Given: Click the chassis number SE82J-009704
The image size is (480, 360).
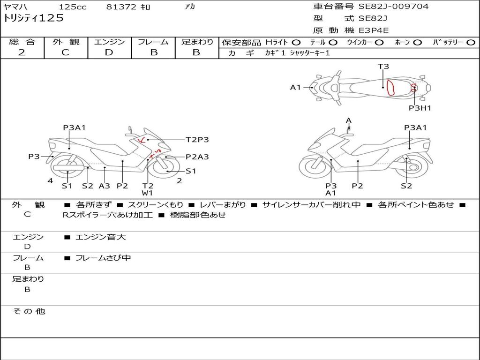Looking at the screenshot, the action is coord(393,6).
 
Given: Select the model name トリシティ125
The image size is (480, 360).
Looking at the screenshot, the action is coord(33,18).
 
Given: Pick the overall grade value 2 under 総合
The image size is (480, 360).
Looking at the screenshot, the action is coord(22,52).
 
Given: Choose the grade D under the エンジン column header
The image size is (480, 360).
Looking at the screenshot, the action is coord(109,52).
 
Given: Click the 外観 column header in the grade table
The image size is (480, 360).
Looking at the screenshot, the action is coord(66,42).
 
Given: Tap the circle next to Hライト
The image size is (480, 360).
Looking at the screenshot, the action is coord(296,43).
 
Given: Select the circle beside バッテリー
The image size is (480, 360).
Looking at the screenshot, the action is coord(471,43).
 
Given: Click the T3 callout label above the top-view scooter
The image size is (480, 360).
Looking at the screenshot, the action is coord(383,67).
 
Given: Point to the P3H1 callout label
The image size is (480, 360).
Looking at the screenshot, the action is coord(420,108).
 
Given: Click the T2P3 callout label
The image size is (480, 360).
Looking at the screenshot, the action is coord(197,140).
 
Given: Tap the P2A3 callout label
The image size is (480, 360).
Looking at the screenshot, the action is coord(197,157).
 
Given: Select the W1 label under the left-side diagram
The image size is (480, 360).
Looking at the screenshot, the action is coord(147,193).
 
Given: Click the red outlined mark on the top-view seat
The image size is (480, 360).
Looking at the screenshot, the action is coord(390,88).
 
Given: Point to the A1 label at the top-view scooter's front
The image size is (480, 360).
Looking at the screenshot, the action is coord(295,88).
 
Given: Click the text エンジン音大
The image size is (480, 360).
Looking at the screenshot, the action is coord(101,237).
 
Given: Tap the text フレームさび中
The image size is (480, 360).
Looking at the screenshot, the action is coord(103,258).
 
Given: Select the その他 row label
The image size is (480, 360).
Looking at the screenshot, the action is coord(29,311).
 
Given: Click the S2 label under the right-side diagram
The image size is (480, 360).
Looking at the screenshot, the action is coord(406,186).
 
